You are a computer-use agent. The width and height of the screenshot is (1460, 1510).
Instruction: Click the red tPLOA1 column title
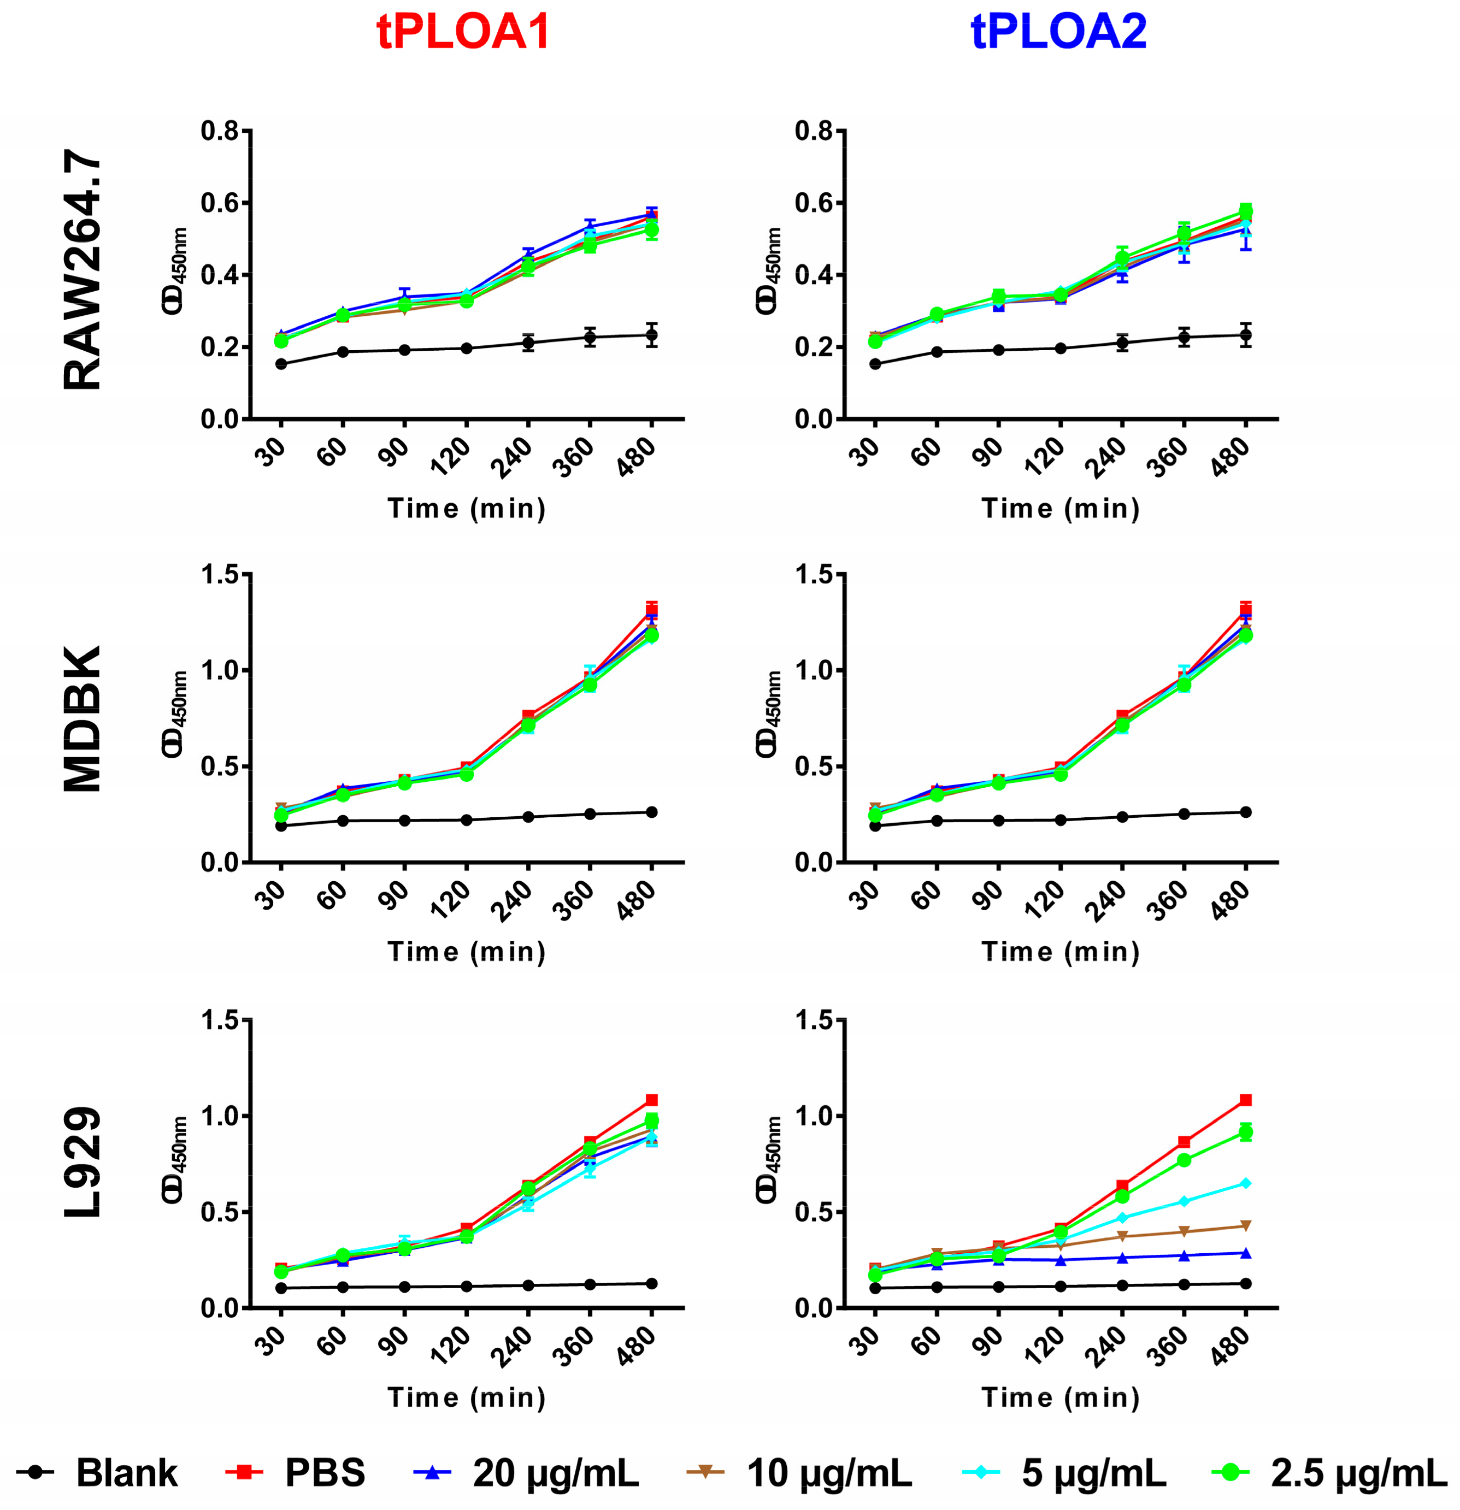click(463, 32)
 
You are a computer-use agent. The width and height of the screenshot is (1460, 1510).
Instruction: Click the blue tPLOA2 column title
click(1058, 32)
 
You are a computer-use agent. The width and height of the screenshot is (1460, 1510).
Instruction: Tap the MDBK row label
click(81, 719)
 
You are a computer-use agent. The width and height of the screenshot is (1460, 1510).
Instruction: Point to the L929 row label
click(81, 1163)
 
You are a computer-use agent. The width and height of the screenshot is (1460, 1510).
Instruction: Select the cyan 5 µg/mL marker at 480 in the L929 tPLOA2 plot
click(1246, 1183)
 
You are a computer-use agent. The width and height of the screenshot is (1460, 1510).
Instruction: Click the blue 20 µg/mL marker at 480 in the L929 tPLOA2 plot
click(1246, 1253)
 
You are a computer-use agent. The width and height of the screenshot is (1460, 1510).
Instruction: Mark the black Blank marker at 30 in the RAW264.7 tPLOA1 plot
click(281, 364)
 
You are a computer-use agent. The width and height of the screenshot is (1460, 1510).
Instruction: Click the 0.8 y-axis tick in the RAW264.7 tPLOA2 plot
click(814, 132)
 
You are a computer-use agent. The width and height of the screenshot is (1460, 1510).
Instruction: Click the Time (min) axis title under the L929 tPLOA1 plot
click(467, 1397)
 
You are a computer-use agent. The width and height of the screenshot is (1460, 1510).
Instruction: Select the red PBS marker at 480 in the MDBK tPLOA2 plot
click(1246, 611)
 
